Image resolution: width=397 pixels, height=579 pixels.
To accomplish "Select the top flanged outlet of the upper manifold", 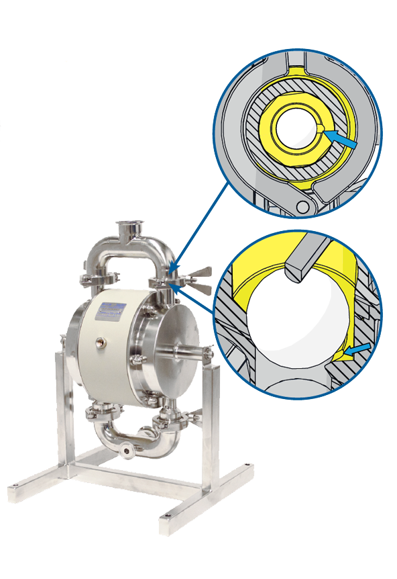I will pos(128,228).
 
